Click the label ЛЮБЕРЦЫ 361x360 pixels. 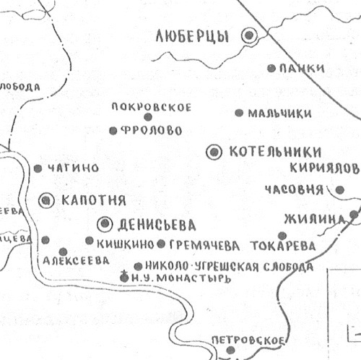pyautogui.click(x=197, y=36)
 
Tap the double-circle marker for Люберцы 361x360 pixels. pyautogui.click(x=250, y=35)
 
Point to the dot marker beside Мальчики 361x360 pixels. pyautogui.click(x=239, y=113)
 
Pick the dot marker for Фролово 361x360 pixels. pyautogui.click(x=113, y=130)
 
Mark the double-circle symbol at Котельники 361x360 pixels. pyautogui.click(x=214, y=151)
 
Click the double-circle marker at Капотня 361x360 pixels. pyautogui.click(x=47, y=200)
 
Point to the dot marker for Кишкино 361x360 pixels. pyautogui.click(x=89, y=241)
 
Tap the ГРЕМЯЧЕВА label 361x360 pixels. pyautogui.click(x=204, y=244)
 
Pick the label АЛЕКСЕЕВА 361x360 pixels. pyautogui.click(x=73, y=260)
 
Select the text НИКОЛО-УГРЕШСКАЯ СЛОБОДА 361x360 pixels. pyautogui.click(x=229, y=266)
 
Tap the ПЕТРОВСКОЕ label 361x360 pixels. pyautogui.click(x=248, y=341)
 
